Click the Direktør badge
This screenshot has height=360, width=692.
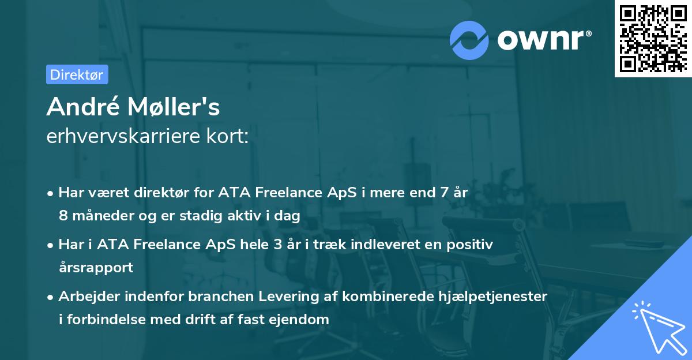pyautogui.click(x=77, y=74)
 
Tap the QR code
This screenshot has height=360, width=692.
pyautogui.click(x=652, y=38)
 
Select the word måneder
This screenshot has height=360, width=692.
pyautogui.click(x=100, y=216)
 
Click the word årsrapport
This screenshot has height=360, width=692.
pyautogui.click(x=96, y=267)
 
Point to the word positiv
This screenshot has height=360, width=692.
pyautogui.click(x=467, y=244)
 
